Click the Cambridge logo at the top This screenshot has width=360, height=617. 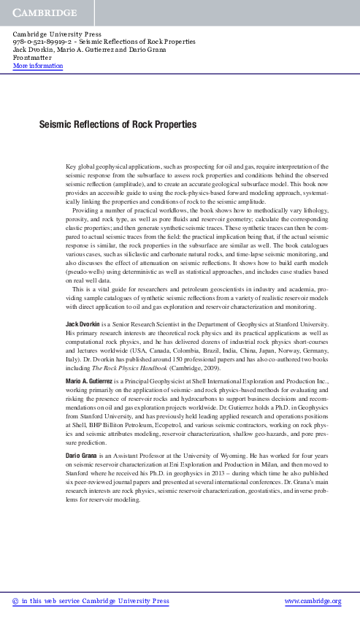[45, 13]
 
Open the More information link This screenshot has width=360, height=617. [38, 66]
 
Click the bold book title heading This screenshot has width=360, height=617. [118, 126]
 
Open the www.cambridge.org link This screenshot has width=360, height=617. [312, 602]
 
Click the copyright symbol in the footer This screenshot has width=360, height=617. [16, 602]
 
